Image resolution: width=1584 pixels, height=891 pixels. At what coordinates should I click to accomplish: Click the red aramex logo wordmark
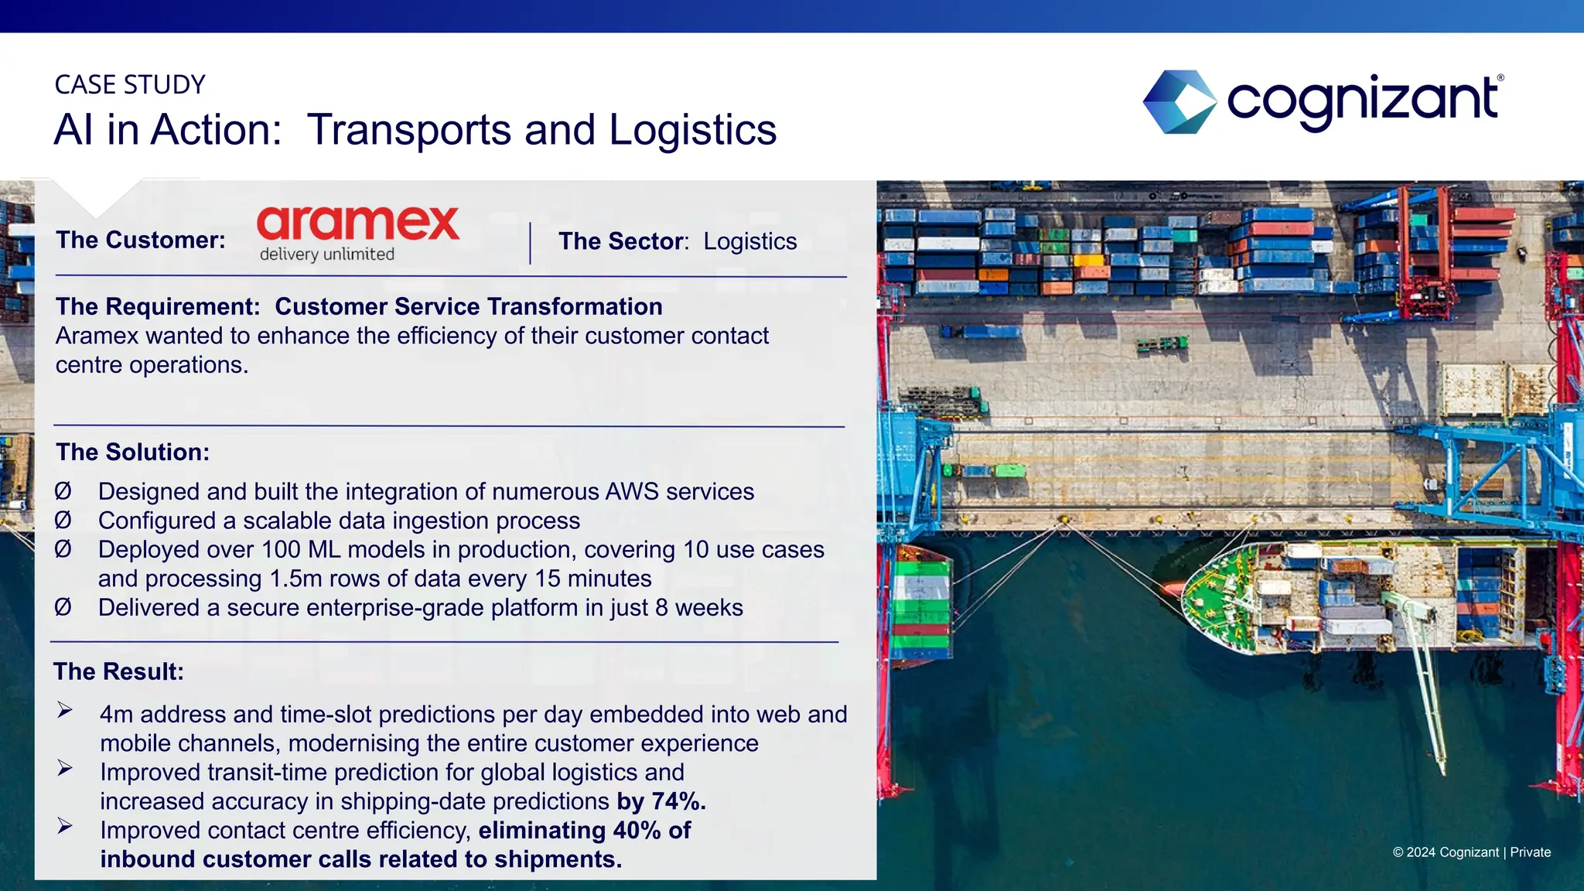(357, 224)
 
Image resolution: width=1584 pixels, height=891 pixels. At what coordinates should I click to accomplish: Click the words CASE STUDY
(130, 84)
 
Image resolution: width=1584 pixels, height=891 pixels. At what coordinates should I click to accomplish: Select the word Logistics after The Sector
(749, 241)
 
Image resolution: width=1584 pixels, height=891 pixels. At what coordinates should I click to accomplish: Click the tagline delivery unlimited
(326, 254)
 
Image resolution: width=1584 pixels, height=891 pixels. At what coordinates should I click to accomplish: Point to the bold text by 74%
(661, 801)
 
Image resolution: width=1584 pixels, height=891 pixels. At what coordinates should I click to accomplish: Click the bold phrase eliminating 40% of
(584, 831)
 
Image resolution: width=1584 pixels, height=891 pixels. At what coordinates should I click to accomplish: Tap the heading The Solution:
(132, 452)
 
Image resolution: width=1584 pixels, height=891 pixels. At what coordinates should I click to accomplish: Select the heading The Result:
(118, 671)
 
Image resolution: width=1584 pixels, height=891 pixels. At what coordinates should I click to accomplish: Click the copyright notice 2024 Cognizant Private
(1471, 852)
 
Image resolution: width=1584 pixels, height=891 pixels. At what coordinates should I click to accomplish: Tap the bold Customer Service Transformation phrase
(468, 306)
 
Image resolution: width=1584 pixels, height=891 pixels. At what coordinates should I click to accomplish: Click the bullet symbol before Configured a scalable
(63, 521)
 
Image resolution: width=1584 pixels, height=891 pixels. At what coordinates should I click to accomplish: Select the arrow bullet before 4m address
(65, 710)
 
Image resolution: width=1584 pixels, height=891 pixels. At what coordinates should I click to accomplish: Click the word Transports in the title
(408, 130)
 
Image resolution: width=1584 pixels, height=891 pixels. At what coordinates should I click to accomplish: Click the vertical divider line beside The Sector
(530, 243)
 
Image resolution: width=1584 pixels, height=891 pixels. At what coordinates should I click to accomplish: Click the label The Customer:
(140, 240)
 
